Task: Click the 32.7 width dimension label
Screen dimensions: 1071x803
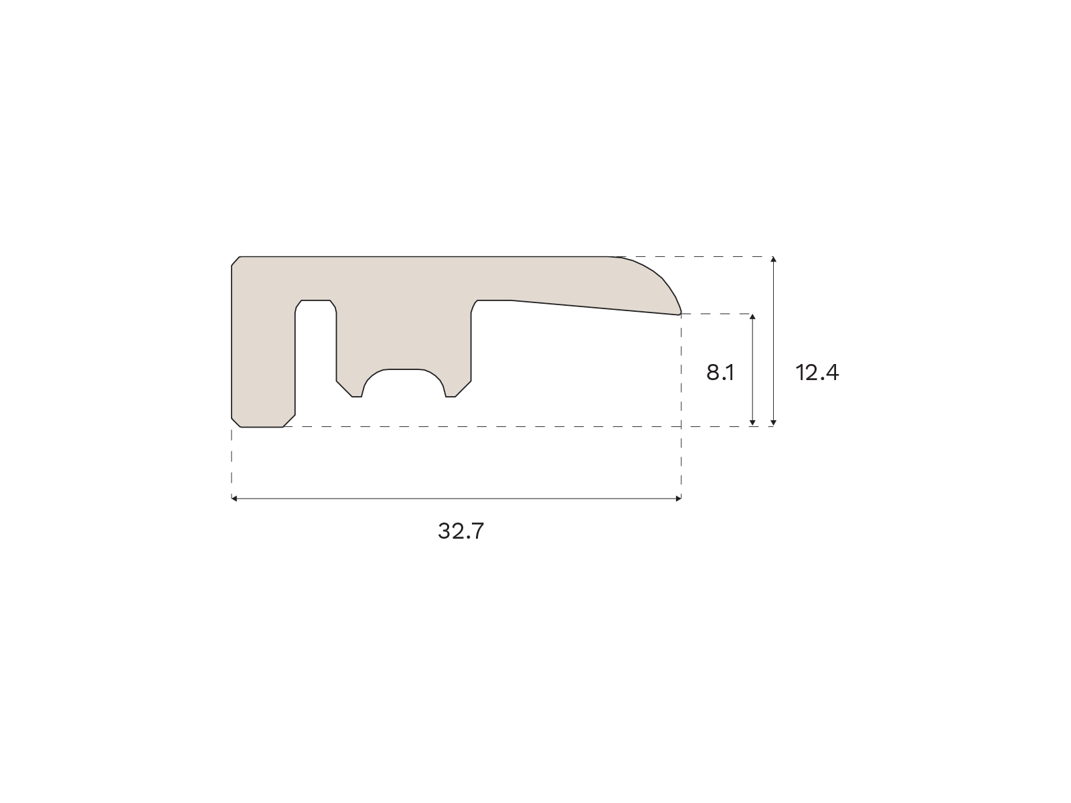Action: click(461, 531)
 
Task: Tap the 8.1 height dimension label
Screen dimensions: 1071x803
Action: click(720, 373)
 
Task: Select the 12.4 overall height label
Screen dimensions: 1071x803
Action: click(817, 373)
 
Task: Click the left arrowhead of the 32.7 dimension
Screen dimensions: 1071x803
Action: click(234, 499)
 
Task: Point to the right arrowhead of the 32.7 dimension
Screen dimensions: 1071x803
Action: click(678, 499)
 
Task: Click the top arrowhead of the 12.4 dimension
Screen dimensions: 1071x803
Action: click(773, 260)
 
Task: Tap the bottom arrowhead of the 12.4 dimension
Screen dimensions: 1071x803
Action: click(773, 423)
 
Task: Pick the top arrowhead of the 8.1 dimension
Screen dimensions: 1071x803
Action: click(752, 317)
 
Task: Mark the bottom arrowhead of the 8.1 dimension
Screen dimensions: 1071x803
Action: click(752, 423)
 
